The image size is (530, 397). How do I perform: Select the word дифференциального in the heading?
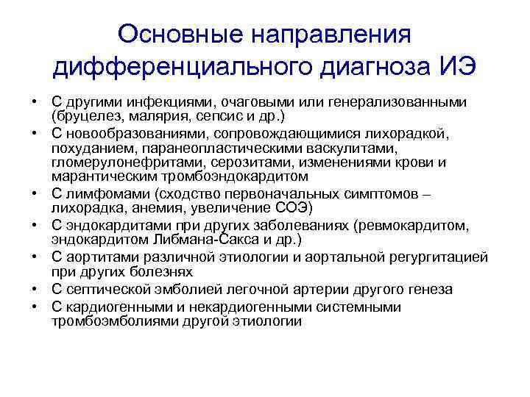pos(180,68)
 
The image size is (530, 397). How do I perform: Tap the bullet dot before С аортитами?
pos(36,256)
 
